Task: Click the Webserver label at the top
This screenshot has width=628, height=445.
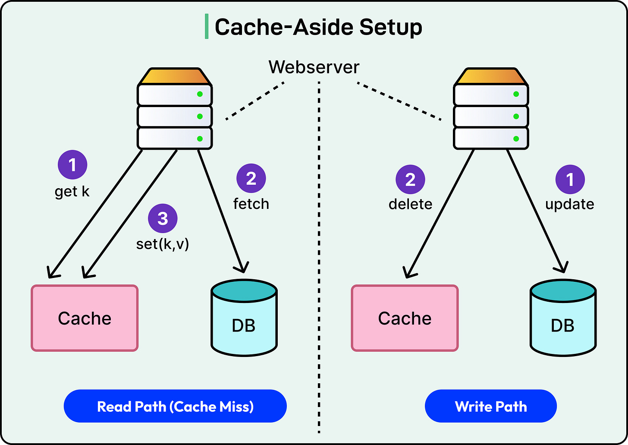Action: tap(314, 67)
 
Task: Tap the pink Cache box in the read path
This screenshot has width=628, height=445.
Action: tap(85, 318)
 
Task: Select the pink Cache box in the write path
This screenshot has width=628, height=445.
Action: tap(405, 318)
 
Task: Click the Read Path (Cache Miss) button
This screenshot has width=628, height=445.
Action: tap(175, 406)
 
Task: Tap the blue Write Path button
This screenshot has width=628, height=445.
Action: tap(491, 406)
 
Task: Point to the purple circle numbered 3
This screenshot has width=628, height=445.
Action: tap(163, 218)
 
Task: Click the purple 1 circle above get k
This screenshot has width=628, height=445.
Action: tap(72, 165)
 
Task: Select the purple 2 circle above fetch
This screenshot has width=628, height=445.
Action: tap(251, 178)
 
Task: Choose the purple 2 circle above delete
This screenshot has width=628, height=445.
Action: tap(411, 179)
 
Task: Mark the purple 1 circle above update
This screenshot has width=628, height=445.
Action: tap(570, 179)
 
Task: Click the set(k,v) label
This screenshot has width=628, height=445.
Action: tap(163, 244)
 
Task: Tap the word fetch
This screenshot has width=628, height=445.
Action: tap(251, 204)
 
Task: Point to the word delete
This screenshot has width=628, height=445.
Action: tap(411, 204)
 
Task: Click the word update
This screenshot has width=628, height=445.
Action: tap(570, 205)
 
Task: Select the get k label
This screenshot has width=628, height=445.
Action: tap(72, 192)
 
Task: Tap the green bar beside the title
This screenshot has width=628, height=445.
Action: tap(207, 26)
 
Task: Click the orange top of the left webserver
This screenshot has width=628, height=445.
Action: tap(175, 76)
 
